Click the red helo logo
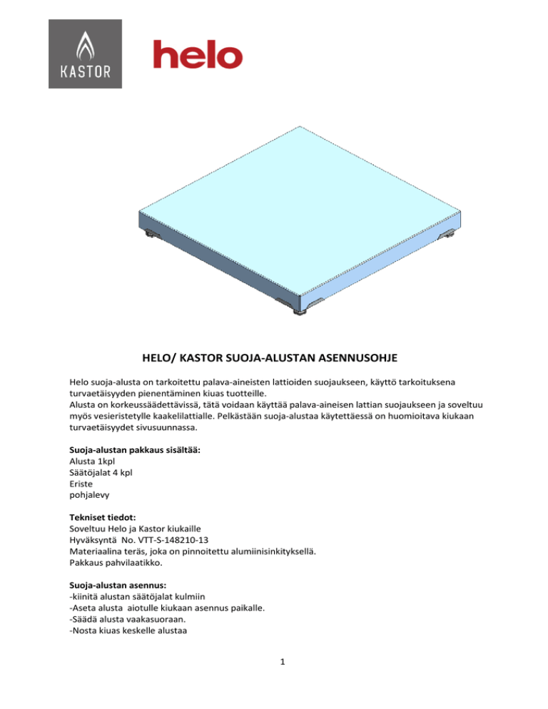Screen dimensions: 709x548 (x=198, y=55)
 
